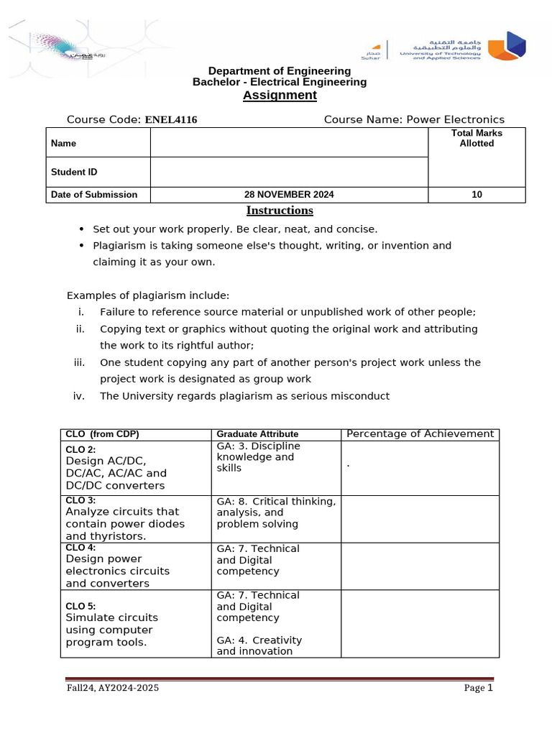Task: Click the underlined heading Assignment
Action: click(x=280, y=96)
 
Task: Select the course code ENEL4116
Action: click(x=171, y=120)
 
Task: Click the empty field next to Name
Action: click(x=289, y=143)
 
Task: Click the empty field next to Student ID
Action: click(x=289, y=172)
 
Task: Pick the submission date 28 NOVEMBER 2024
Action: click(x=289, y=195)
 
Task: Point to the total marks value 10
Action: click(x=477, y=195)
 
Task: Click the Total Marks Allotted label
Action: click(x=477, y=138)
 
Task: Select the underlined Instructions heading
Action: click(x=280, y=211)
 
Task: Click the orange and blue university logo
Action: click(x=507, y=45)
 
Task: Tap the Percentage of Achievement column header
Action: click(x=420, y=434)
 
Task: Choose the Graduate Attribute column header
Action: click(x=257, y=434)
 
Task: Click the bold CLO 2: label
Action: click(x=86, y=450)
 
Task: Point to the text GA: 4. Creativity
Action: click(x=259, y=640)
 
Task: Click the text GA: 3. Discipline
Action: click(x=258, y=446)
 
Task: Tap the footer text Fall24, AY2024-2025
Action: click(x=112, y=689)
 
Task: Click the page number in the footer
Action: click(x=489, y=688)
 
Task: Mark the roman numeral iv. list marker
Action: click(x=79, y=396)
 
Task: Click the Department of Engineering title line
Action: click(x=280, y=71)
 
